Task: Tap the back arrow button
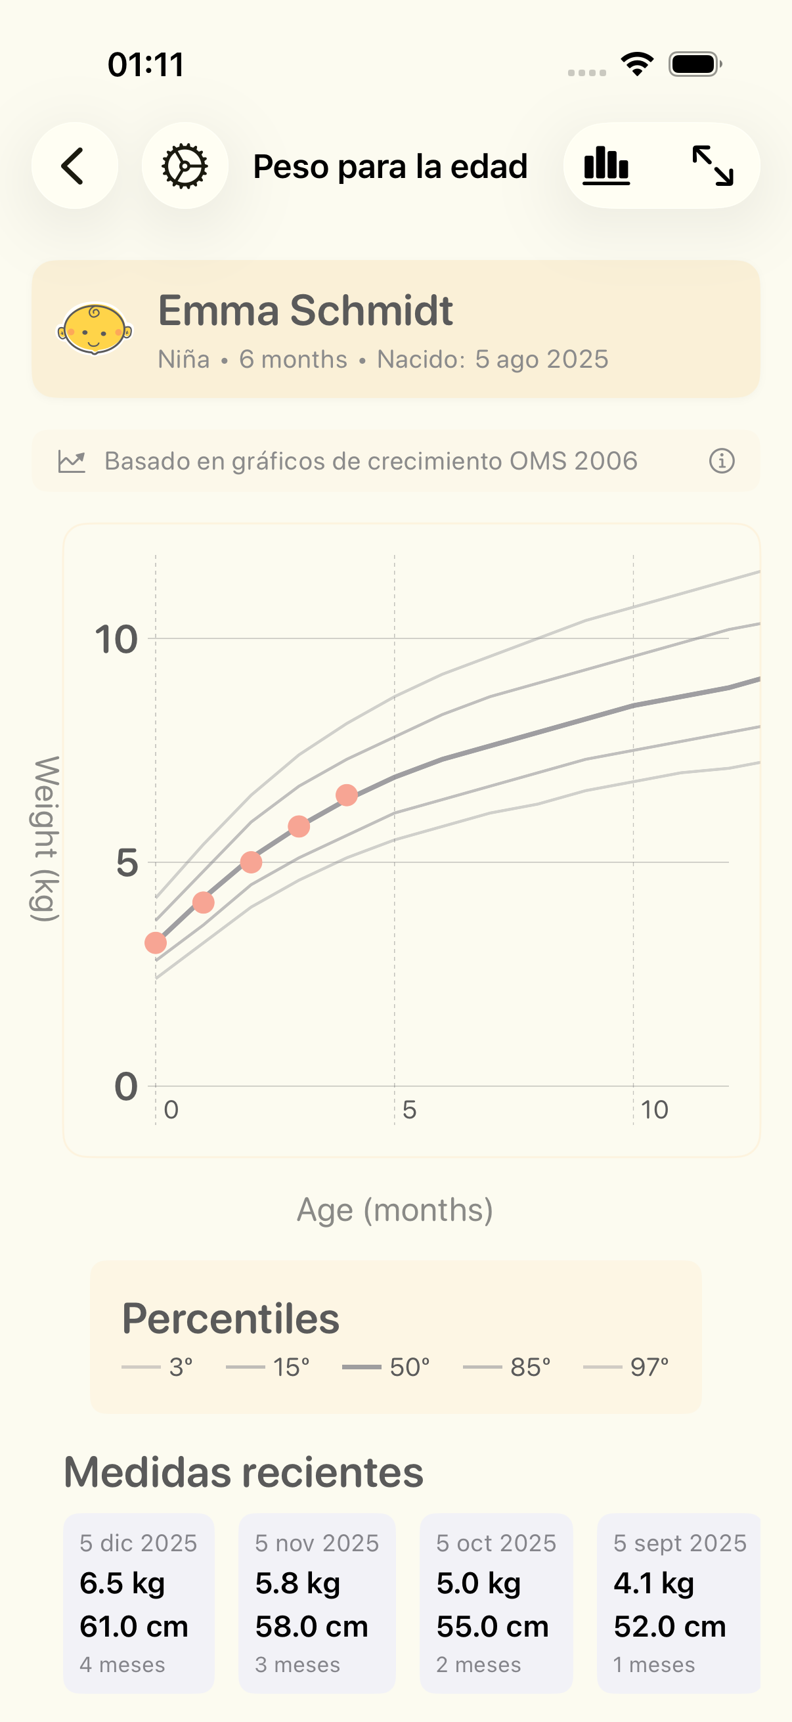coord(74,166)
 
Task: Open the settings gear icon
coord(185,166)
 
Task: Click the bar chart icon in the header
coord(606,166)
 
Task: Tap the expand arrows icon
coord(713,166)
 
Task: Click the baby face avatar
coord(94,329)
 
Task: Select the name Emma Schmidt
coord(305,311)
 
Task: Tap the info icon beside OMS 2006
coord(722,461)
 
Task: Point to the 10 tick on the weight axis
coord(116,640)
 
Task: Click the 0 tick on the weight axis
coord(126,1086)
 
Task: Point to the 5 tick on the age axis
coord(410,1111)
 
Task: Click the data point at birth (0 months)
coord(156,943)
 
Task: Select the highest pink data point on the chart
coord(347,795)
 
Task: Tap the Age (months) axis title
coord(395,1210)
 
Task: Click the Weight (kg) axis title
coord(46,839)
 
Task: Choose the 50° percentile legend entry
coord(386,1367)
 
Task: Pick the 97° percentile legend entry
coord(627,1367)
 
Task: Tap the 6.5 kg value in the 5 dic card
coord(122,1583)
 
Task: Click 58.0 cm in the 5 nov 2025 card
coord(311,1626)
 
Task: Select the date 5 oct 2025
coord(496,1543)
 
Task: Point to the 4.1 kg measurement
coord(653,1583)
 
